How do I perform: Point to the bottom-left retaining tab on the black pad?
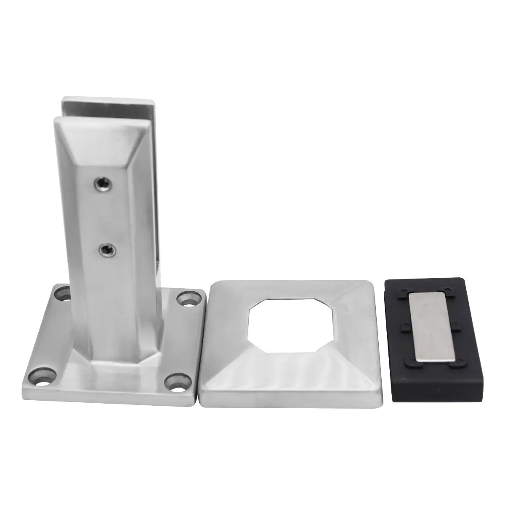405,360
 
